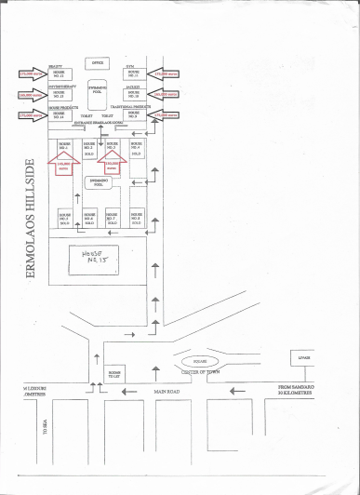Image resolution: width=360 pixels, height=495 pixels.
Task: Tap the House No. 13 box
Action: pyautogui.click(x=60, y=95)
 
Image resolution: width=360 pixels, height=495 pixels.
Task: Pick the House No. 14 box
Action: pyautogui.click(x=60, y=114)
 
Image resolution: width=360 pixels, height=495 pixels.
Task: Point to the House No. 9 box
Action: pyautogui.click(x=133, y=114)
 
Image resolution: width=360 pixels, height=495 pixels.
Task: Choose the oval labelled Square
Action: pyautogui.click(x=198, y=359)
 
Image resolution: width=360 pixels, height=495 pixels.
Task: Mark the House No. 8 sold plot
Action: pyautogui.click(x=137, y=220)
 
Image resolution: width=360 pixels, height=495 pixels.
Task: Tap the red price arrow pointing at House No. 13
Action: pyautogui.click(x=29, y=95)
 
